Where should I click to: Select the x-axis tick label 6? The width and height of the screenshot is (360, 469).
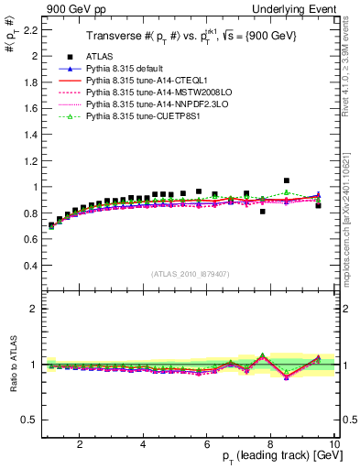tap(208, 444)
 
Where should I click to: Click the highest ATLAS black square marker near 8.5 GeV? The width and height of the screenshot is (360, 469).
tap(287, 180)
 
